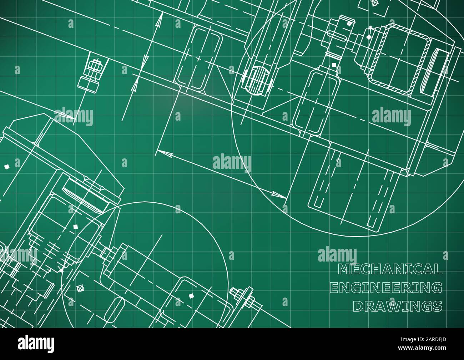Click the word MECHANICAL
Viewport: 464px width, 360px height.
pyautogui.click(x=390, y=269)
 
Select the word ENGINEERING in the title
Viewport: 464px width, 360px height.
pyautogui.click(x=387, y=287)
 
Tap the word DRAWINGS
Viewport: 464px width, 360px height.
pyautogui.click(x=397, y=306)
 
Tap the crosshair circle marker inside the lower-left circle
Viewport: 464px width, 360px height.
pyautogui.click(x=80, y=288)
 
